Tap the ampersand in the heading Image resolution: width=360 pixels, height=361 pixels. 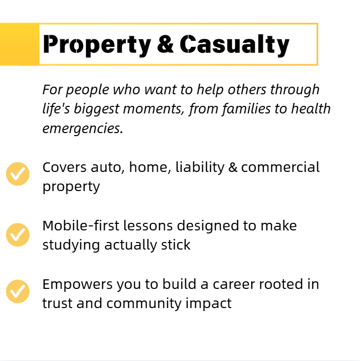tap(165, 44)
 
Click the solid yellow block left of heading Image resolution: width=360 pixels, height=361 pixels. tap(20, 44)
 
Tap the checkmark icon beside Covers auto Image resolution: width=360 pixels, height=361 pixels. tap(18, 174)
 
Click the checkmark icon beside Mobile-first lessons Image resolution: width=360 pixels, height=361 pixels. tap(18, 234)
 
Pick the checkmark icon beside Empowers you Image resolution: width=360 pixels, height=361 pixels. tap(18, 291)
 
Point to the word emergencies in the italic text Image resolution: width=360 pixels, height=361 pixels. tap(82, 128)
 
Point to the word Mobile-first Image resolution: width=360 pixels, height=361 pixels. tap(78, 225)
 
